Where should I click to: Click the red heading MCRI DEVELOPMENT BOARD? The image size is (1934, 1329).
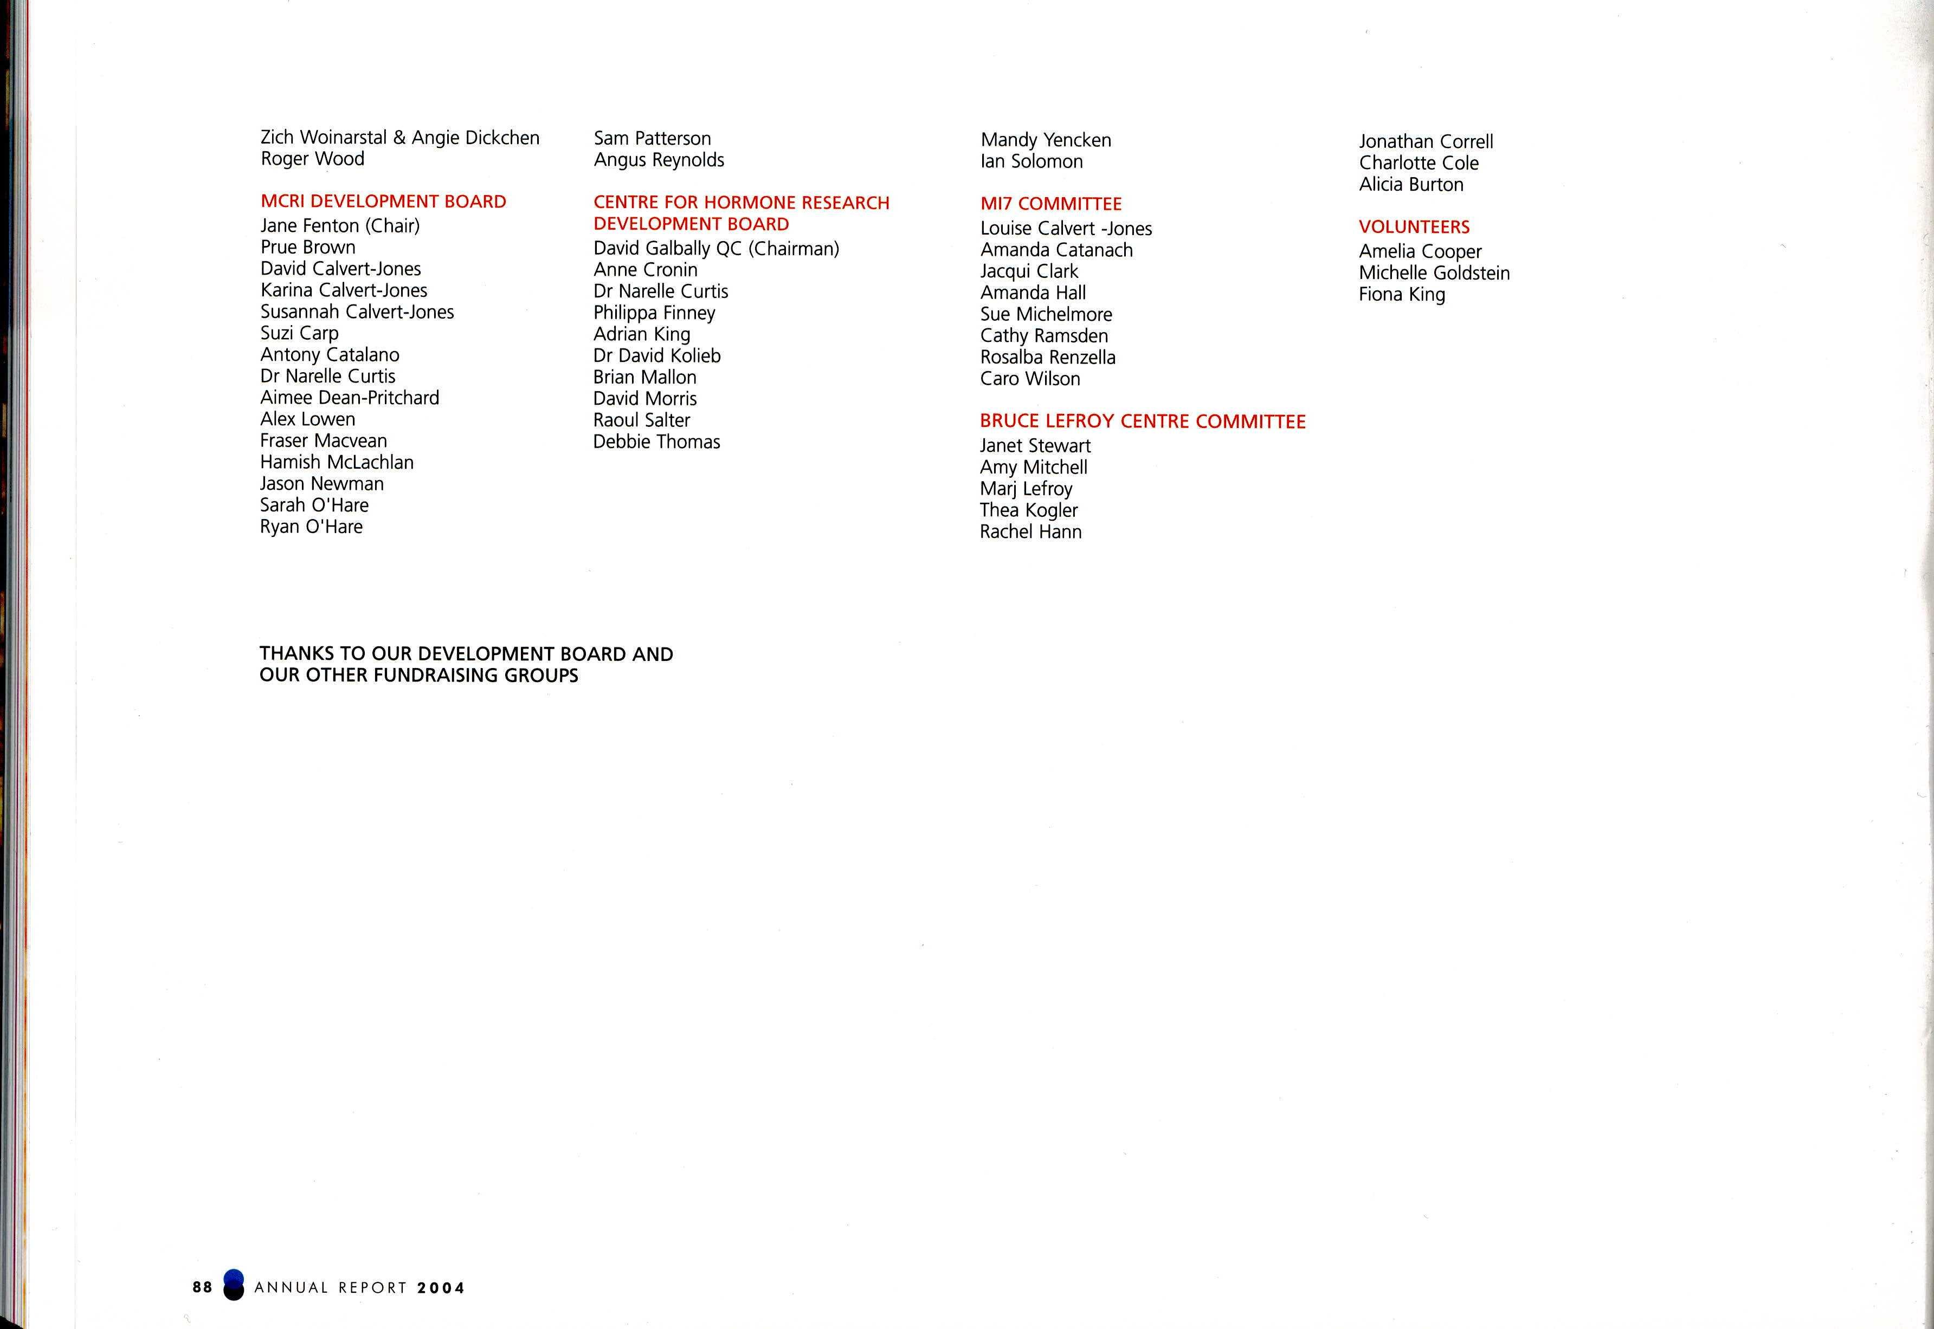383,202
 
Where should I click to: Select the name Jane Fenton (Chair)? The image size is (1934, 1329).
340,226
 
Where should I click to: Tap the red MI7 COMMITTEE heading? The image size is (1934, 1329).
1050,204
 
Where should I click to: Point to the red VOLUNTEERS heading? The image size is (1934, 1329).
1414,228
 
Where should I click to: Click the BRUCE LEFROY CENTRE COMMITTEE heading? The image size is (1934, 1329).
1142,422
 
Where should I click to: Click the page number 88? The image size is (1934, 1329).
202,1287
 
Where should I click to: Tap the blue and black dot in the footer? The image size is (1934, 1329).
234,1285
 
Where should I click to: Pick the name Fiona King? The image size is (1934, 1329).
1402,295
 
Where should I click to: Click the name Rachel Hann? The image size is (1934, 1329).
1030,532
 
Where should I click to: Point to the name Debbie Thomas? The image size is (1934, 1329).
656,442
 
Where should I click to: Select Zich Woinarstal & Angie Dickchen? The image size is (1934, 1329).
400,138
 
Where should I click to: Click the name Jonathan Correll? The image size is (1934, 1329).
1426,141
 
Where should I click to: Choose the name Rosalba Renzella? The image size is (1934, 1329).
1048,357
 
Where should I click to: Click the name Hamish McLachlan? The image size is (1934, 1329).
337,462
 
